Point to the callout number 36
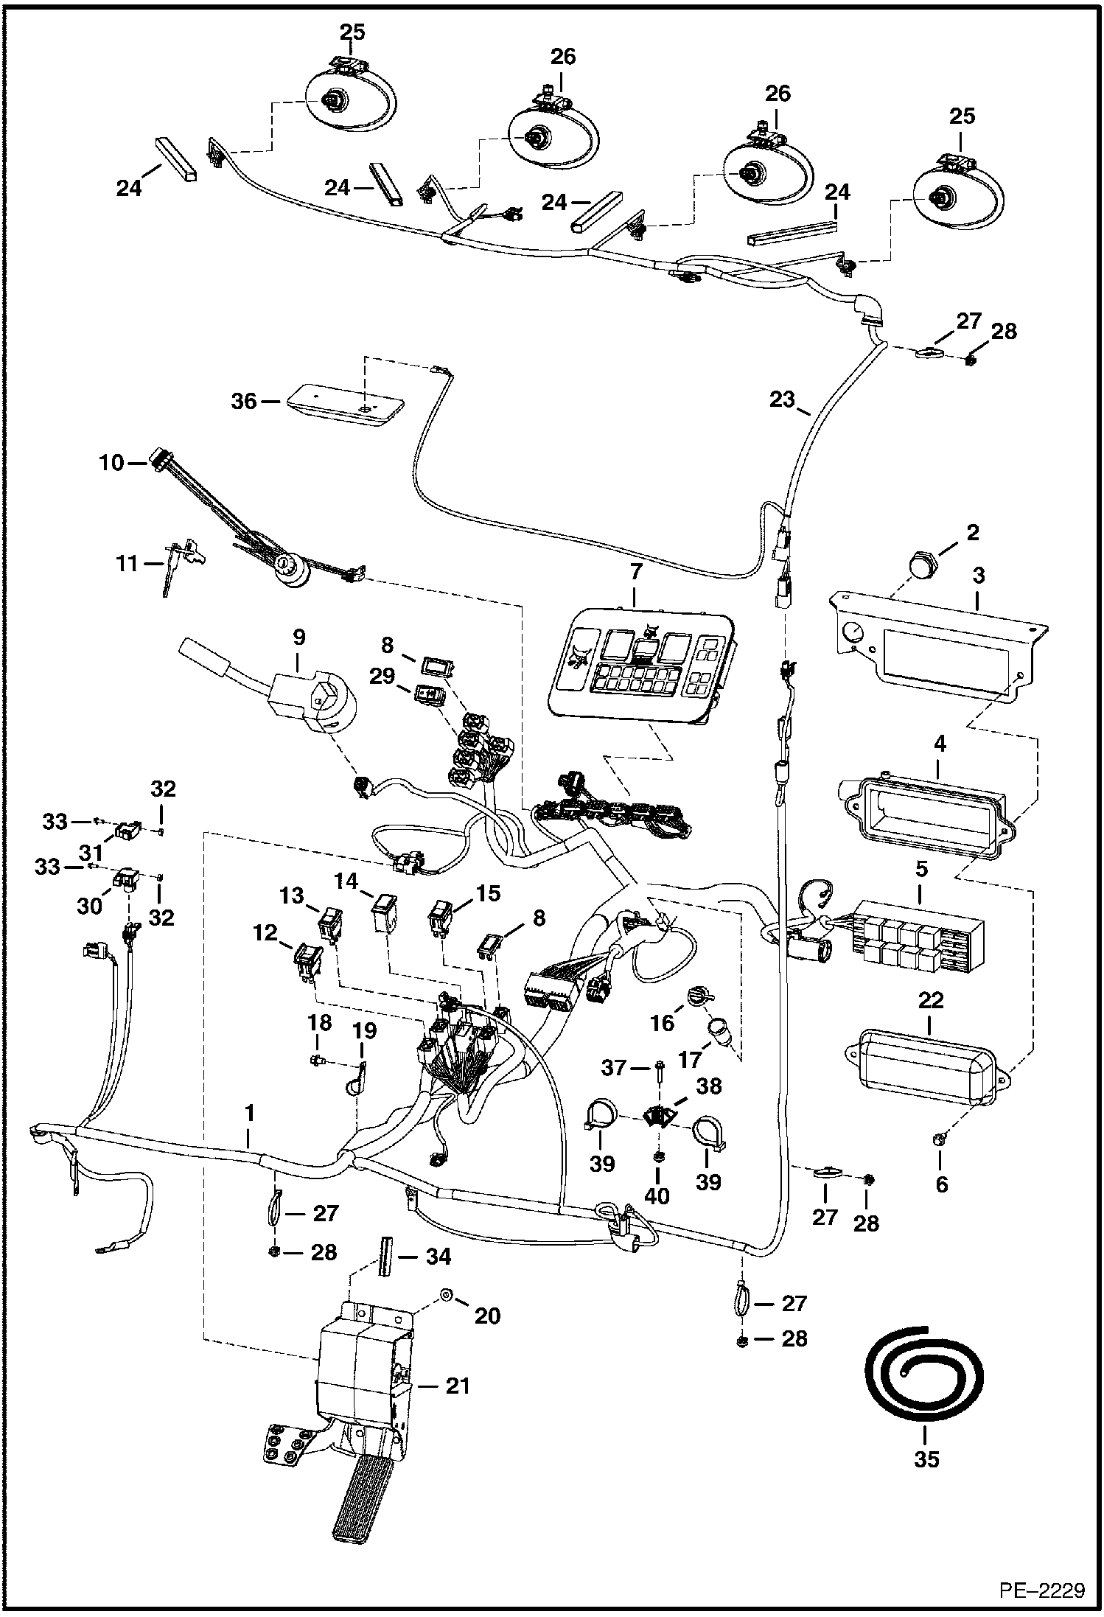click(x=244, y=401)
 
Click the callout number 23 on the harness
click(x=782, y=399)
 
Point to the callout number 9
click(x=298, y=638)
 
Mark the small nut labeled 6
click(x=935, y=1140)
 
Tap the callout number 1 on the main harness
click(x=249, y=1134)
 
